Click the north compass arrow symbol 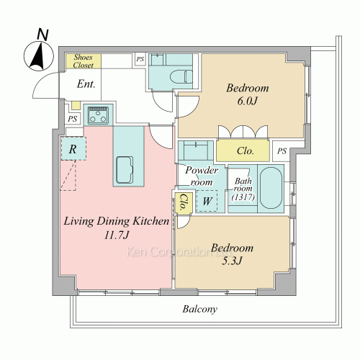38,56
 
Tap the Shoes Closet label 83,61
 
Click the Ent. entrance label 86,84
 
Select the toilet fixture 181,77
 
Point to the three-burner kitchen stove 98,115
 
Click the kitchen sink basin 125,170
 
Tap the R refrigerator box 73,148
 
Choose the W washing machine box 207,201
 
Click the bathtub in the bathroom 271,188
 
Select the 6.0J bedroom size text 248,101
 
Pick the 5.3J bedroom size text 232,261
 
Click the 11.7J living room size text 117,235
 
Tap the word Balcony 199,309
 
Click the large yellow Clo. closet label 245,150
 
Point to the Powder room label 202,176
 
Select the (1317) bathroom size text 243,197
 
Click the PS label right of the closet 282,151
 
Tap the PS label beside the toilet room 140,59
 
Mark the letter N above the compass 42,35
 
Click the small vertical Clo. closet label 184,202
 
